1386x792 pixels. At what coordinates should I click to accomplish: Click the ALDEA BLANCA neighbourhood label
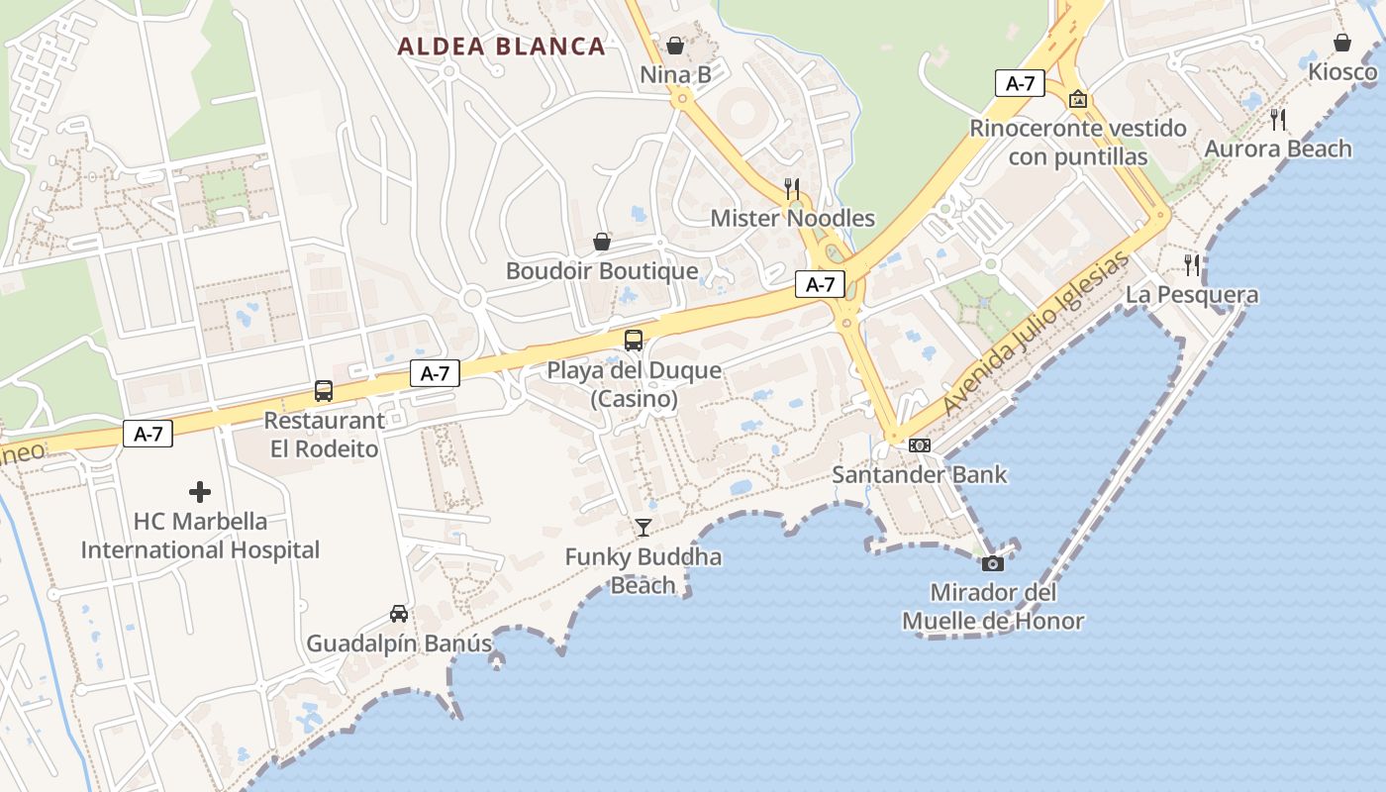pos(501,47)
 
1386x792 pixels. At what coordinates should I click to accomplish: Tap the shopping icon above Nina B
pos(675,46)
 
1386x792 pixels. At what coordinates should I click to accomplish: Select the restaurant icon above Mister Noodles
pos(792,188)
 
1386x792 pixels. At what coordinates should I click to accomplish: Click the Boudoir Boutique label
pos(602,270)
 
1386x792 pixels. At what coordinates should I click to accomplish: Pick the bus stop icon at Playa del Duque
pos(634,341)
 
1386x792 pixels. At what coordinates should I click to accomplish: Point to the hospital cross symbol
pos(200,491)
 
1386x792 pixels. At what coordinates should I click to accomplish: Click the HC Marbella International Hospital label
pos(200,536)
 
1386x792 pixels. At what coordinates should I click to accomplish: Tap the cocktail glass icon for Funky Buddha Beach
pos(643,527)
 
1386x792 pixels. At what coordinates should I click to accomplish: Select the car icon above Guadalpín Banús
pos(399,614)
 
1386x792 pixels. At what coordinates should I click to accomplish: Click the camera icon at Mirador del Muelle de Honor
pos(992,563)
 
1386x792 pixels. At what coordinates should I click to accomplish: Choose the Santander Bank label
pos(919,474)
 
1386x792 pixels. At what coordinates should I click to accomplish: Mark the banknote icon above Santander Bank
pos(920,445)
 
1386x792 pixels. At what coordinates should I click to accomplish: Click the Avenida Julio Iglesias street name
pos(1035,335)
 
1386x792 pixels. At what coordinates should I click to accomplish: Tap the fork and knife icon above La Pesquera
pos(1192,264)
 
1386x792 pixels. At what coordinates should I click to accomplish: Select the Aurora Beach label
pos(1278,148)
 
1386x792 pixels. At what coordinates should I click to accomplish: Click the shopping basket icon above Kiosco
pos(1342,43)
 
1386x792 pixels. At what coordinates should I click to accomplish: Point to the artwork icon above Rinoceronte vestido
pos(1078,99)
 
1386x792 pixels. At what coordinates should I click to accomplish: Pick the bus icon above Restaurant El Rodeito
pos(324,391)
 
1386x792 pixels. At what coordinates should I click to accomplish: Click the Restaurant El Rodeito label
pos(324,435)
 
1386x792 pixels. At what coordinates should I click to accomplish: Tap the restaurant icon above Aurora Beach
pos(1278,120)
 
